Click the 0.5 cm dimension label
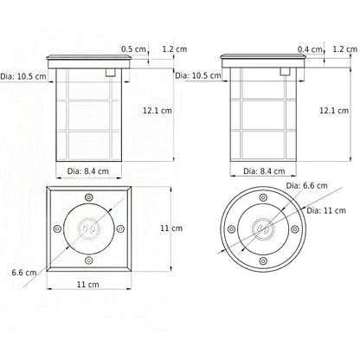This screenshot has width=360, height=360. pos(133,48)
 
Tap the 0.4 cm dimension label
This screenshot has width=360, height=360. pos(310,49)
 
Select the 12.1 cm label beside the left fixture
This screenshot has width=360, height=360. pos(157,110)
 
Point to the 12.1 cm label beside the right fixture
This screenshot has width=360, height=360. pos(334,110)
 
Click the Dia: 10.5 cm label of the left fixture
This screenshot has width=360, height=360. pos(23,76)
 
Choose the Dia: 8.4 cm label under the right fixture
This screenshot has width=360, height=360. pos(264,171)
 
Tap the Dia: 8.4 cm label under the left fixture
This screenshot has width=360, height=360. pos(88,171)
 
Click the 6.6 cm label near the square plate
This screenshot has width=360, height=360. pos(24,273)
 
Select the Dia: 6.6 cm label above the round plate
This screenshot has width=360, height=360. pos(306,185)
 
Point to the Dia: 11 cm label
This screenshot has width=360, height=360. pos(326,210)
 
